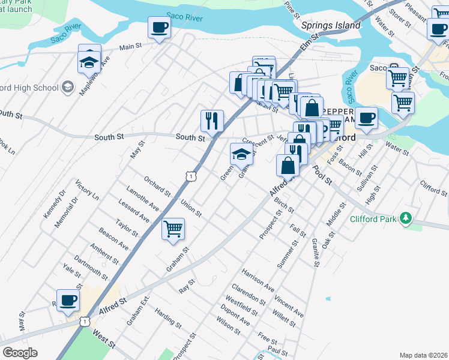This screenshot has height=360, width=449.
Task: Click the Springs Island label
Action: tap(331, 25)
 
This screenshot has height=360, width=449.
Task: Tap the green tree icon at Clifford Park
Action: tap(406, 218)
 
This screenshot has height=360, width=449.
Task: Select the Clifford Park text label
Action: tap(373, 219)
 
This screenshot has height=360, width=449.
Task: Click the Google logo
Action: tap(20, 353)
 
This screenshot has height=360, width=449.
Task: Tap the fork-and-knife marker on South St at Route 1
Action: tap(212, 120)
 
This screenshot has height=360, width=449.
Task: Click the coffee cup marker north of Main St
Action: tap(160, 28)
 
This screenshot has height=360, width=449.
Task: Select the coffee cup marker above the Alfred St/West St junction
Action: tap(68, 300)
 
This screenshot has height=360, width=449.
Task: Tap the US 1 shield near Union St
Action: tap(190, 176)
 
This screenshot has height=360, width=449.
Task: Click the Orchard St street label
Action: tap(157, 186)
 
